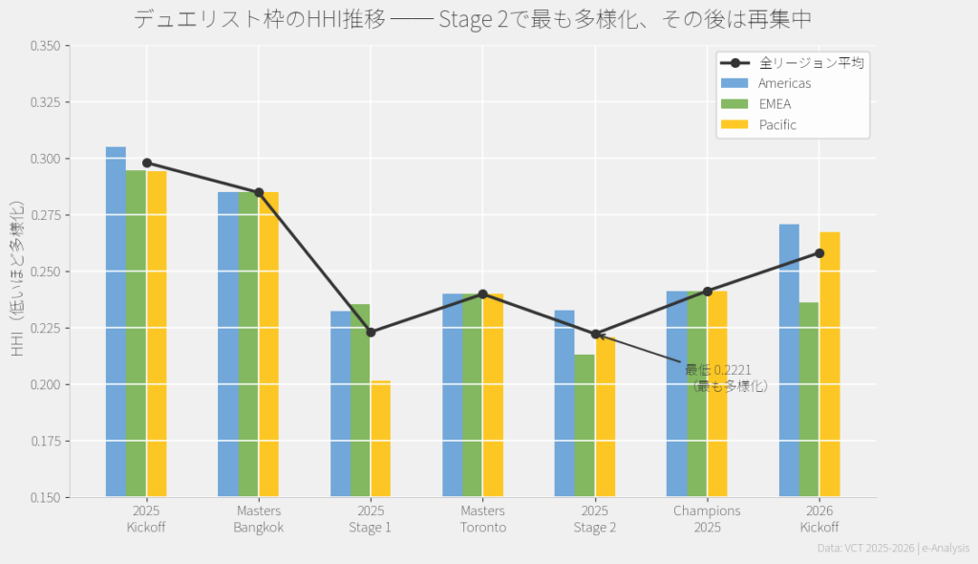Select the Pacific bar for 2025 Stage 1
point(380,439)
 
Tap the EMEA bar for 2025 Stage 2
point(584,426)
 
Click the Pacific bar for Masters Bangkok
point(268,344)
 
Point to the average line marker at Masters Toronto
point(482,294)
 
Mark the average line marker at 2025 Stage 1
point(371,333)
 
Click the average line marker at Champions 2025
point(708,292)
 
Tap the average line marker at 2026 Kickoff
point(819,253)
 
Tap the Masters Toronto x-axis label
point(482,519)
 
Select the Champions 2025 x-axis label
point(707,519)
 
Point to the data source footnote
point(892,548)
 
